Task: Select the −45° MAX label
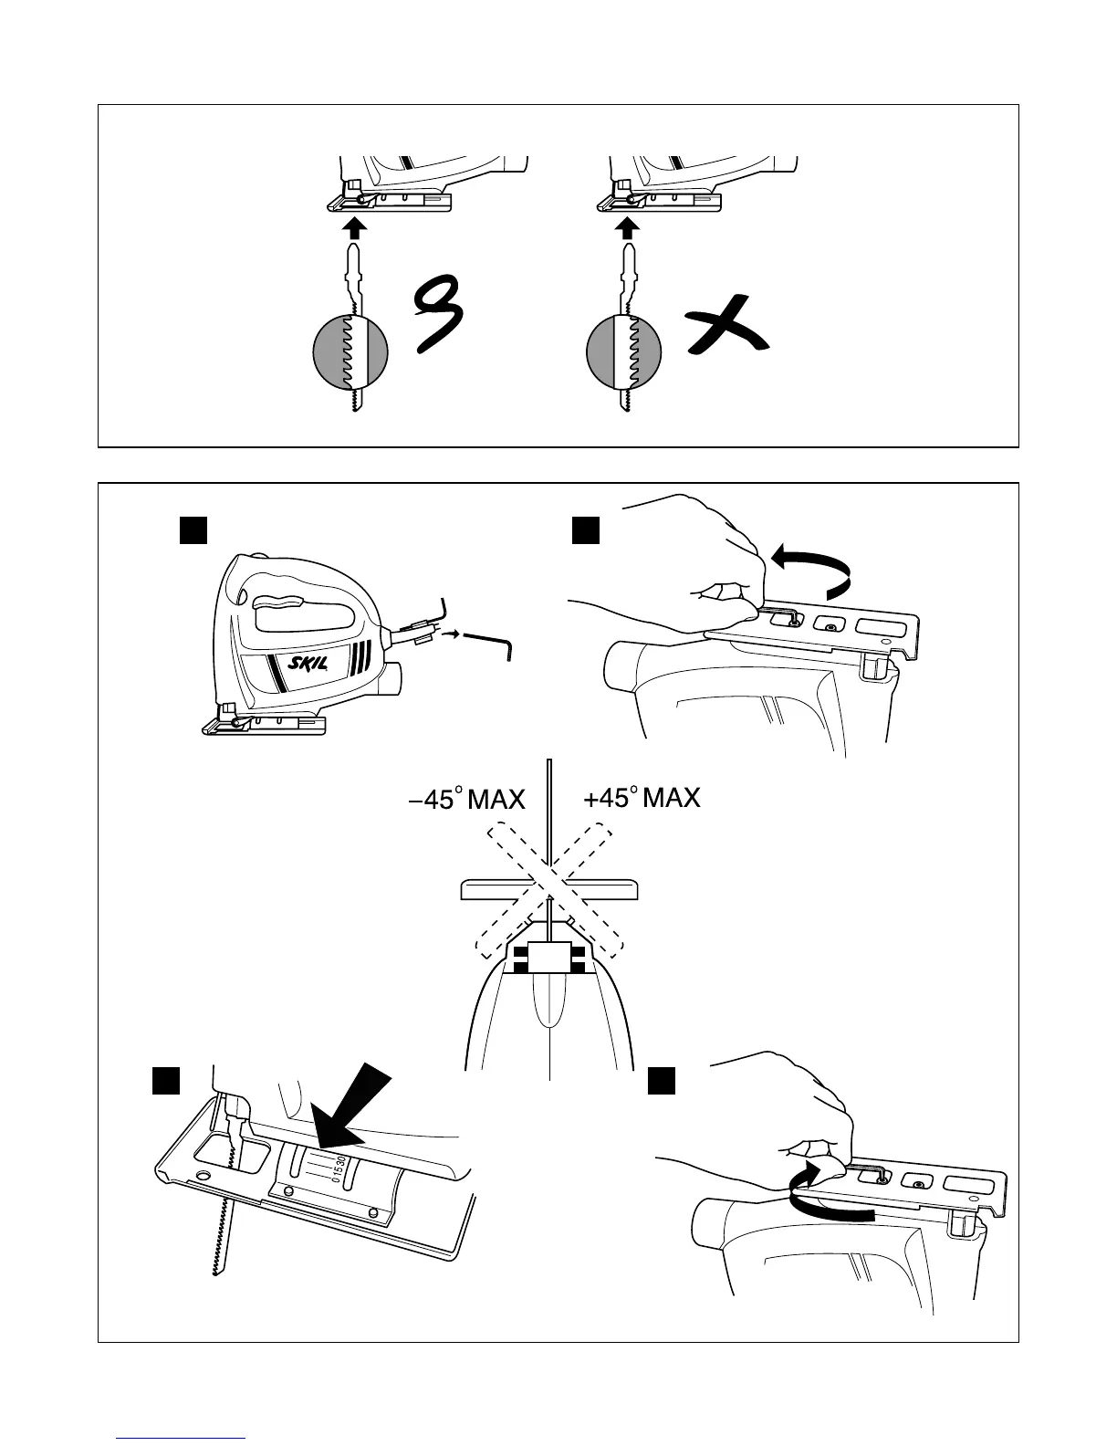pyautogui.click(x=466, y=800)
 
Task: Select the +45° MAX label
pyautogui.click(x=642, y=798)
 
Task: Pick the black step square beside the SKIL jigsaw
pyautogui.click(x=193, y=530)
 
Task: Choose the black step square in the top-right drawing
pyautogui.click(x=585, y=530)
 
